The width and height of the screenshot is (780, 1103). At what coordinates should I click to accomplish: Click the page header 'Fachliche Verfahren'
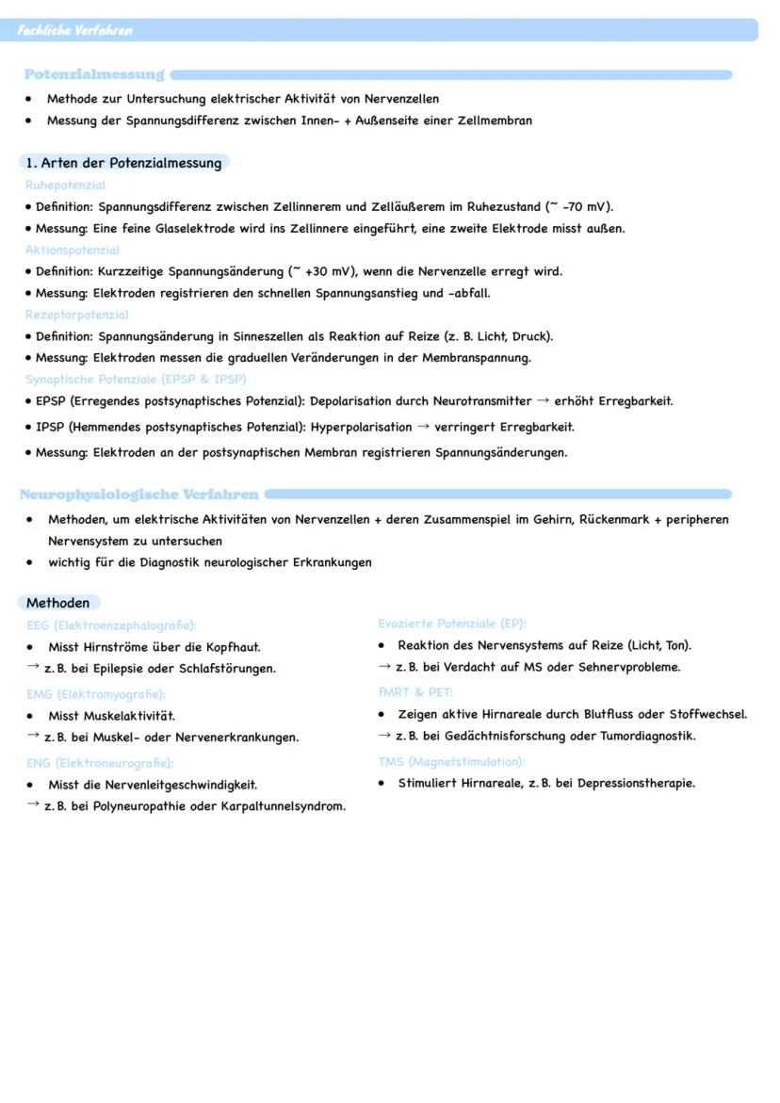pyautogui.click(x=74, y=30)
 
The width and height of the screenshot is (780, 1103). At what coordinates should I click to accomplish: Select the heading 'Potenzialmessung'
pyautogui.click(x=94, y=74)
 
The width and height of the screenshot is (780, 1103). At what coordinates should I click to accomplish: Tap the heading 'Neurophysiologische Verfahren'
pyautogui.click(x=138, y=494)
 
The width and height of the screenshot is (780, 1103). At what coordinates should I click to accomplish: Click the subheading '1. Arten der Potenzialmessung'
pyautogui.click(x=123, y=163)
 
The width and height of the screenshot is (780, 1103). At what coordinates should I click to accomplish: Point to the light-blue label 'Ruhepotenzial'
pyautogui.click(x=65, y=186)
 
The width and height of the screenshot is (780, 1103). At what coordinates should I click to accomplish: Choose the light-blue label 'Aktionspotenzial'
pyautogui.click(x=72, y=251)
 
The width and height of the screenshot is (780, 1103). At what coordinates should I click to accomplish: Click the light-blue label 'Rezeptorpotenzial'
pyautogui.click(x=76, y=315)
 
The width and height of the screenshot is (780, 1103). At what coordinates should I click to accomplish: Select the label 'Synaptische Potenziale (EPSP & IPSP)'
pyautogui.click(x=136, y=380)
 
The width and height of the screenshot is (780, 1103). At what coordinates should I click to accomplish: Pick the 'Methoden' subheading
pyautogui.click(x=58, y=603)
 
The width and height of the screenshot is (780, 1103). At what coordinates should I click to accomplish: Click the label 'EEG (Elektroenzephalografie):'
pyautogui.click(x=111, y=624)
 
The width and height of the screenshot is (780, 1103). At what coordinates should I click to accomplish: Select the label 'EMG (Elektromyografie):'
pyautogui.click(x=95, y=694)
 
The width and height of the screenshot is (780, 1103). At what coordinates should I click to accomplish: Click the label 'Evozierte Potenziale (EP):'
pyautogui.click(x=451, y=624)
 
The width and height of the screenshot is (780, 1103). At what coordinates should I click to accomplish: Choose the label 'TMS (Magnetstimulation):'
pyautogui.click(x=451, y=761)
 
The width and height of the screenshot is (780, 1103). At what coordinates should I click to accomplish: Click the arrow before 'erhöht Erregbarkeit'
pyautogui.click(x=543, y=400)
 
